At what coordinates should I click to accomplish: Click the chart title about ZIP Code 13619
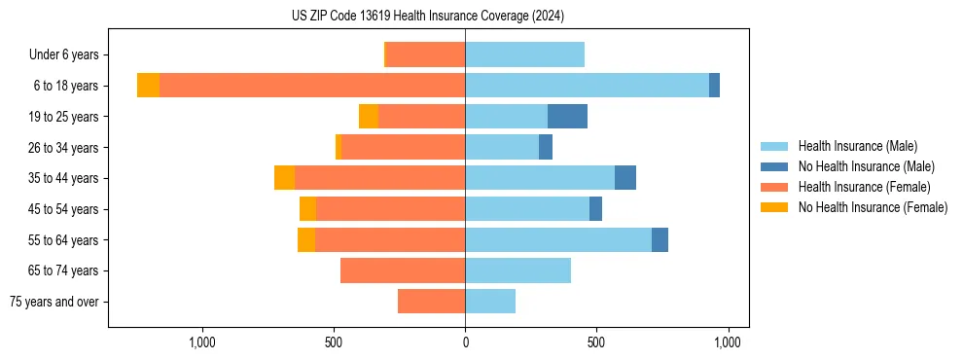coord(427,17)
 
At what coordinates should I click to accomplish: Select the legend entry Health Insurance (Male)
coord(857,146)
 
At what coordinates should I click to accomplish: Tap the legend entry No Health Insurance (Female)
coord(873,207)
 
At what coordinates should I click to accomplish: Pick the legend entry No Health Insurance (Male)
coord(866,166)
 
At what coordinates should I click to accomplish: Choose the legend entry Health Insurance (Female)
coord(864,187)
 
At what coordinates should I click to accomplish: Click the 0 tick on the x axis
coord(465,342)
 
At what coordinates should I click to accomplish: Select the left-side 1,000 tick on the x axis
coord(201,342)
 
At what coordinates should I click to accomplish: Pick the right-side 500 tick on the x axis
coord(596,342)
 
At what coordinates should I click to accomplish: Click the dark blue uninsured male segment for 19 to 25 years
coord(567,117)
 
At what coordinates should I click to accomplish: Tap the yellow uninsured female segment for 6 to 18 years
coord(148,86)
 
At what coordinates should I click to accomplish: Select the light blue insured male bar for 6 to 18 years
coord(587,86)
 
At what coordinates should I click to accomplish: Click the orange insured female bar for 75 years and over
coord(431,302)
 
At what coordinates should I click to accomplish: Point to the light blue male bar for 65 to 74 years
coord(517,270)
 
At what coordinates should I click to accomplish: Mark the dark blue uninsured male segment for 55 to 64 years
coord(660,239)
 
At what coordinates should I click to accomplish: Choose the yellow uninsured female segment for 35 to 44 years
coord(284,178)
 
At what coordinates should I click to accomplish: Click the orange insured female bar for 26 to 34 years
coord(403,147)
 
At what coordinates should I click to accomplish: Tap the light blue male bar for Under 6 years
coord(524,54)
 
